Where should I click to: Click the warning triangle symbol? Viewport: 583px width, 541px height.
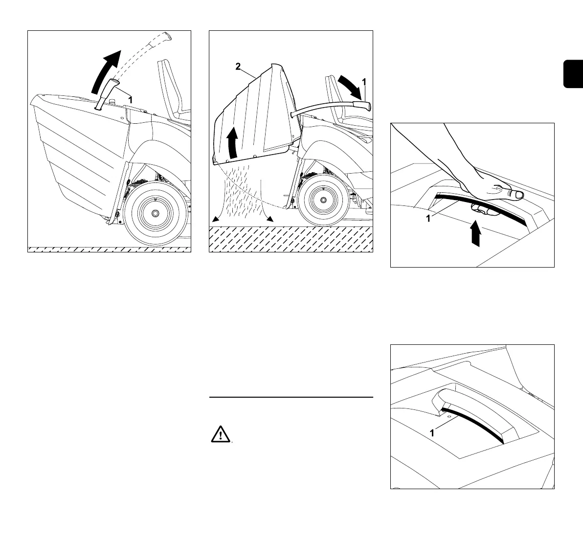(221, 434)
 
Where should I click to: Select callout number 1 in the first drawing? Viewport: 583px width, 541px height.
(131, 99)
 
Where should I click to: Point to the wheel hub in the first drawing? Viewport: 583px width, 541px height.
(155, 214)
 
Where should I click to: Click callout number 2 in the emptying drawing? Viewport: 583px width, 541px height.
(238, 67)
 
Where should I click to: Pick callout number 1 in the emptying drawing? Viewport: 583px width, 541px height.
(363, 80)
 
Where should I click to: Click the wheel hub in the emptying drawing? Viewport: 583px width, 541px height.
(324, 200)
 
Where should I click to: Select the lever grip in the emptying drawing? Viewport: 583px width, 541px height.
(362, 106)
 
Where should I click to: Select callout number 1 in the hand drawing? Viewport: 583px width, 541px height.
(428, 219)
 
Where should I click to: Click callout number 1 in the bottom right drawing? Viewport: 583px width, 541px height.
(431, 433)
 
